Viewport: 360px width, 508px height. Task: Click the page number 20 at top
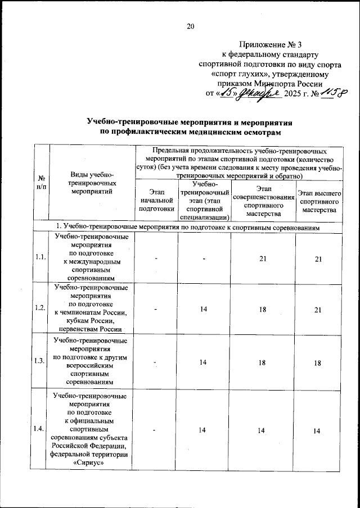pyautogui.click(x=190, y=26)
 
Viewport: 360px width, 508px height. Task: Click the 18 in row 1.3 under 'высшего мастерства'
pyautogui.click(x=318, y=363)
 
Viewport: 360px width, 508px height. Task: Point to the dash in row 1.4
pyautogui.click(x=155, y=430)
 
